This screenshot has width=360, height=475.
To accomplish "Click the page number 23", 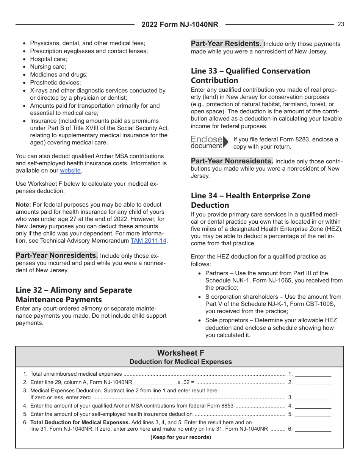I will click(x=341, y=24).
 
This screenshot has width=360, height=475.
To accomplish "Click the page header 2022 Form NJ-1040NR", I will click(x=180, y=25).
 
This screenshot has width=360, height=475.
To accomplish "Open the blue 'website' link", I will click(x=70, y=171).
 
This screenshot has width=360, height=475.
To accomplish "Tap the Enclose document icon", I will click(x=210, y=142).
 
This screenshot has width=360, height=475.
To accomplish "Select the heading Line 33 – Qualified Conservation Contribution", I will click(x=250, y=76).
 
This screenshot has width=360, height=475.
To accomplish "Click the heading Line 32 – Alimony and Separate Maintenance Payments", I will click(x=74, y=295).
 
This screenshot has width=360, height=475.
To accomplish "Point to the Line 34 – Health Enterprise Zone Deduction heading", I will click(x=250, y=201).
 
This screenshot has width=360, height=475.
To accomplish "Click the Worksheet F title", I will click(x=180, y=353).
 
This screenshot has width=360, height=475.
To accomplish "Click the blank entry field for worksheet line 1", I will click(x=313, y=374).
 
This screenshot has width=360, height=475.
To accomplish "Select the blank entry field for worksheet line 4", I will click(x=313, y=406).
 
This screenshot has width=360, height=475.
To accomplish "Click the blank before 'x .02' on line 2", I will click(x=155, y=383).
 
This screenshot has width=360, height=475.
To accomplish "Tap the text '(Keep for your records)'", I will click(x=181, y=437).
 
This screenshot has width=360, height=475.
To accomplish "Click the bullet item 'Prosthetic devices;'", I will click(x=55, y=82).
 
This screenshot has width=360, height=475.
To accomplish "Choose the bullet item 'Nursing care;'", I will click(x=48, y=67).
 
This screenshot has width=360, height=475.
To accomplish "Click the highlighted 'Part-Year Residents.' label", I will click(x=226, y=44).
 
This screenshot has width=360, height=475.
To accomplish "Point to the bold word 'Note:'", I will click(x=23, y=205).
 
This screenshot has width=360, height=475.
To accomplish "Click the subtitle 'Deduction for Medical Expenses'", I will click(x=180, y=362).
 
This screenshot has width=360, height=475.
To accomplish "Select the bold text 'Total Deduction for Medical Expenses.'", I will click(x=80, y=422).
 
